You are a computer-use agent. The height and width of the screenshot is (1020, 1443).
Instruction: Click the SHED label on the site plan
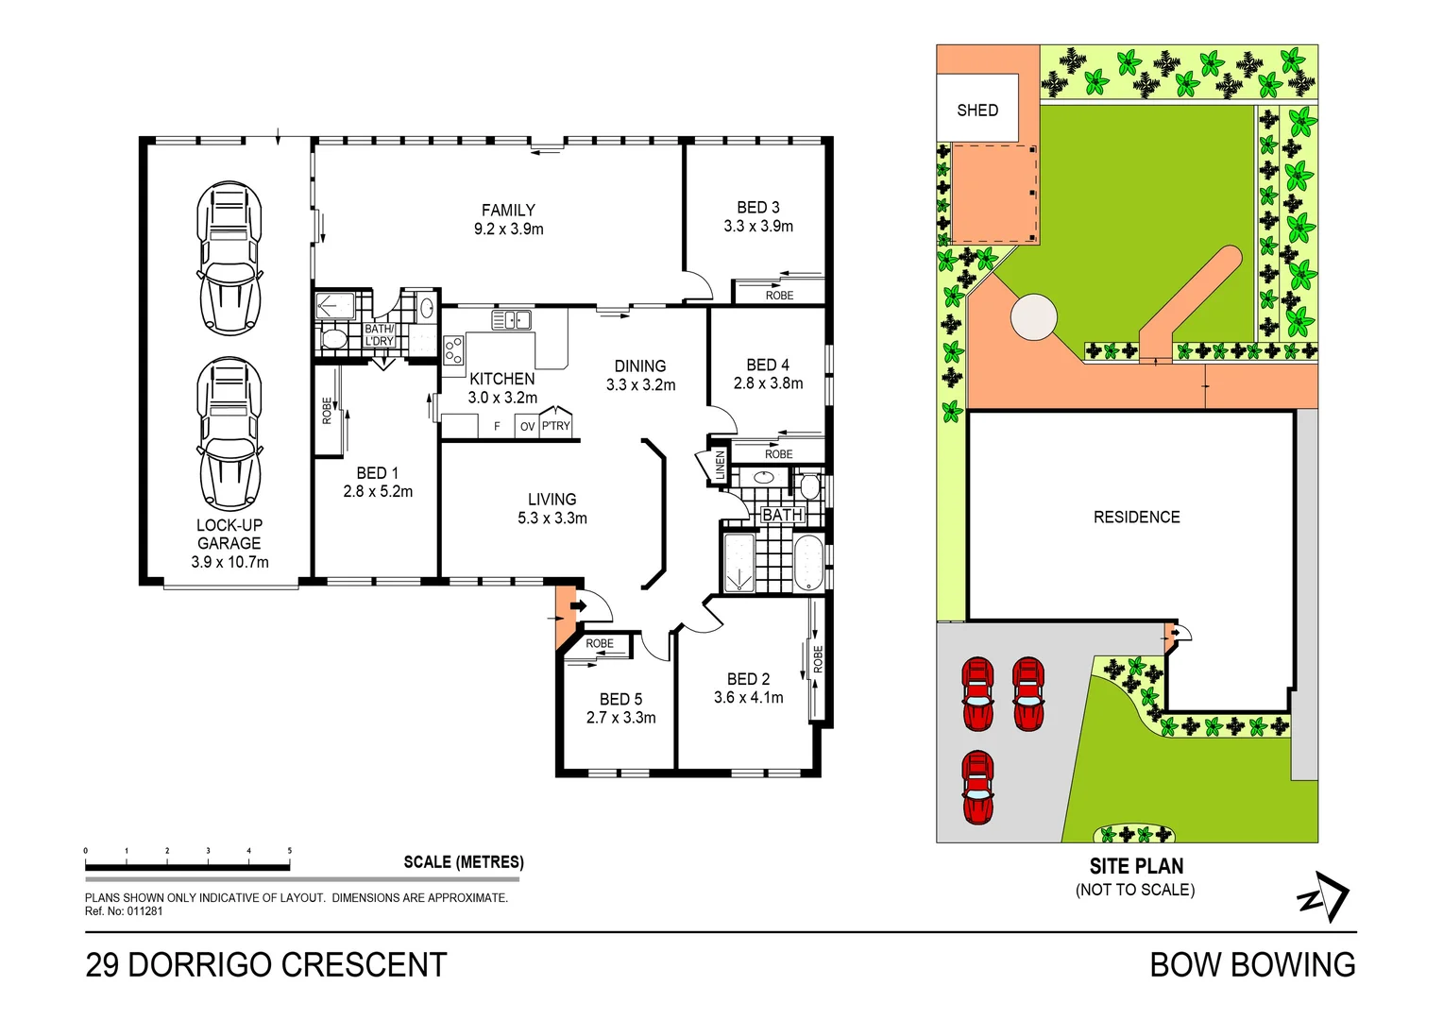[977, 110]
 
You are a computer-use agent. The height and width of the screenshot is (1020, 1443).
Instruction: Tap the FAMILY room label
[508, 210]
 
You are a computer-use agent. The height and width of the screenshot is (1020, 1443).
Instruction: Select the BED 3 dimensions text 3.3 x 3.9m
[758, 226]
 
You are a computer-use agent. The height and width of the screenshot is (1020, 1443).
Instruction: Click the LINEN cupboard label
[721, 466]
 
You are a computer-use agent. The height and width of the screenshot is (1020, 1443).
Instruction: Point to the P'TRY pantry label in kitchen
[555, 426]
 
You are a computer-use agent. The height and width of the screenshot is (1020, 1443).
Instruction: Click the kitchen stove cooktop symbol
[453, 350]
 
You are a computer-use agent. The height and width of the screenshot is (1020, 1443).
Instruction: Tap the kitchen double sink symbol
[511, 319]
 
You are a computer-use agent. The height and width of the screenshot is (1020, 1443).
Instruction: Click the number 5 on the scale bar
[289, 851]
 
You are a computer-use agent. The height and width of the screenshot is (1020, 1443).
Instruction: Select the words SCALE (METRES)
[464, 862]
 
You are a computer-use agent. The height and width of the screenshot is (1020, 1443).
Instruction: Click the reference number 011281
[144, 911]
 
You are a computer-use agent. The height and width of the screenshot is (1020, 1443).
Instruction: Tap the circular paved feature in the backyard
[1033, 316]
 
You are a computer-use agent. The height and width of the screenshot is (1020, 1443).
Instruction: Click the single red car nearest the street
[977, 788]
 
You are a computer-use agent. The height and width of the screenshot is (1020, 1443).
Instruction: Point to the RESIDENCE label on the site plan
[1136, 517]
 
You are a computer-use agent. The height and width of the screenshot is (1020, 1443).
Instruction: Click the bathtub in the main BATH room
[808, 562]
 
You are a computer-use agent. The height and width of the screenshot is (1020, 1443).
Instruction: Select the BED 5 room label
[620, 699]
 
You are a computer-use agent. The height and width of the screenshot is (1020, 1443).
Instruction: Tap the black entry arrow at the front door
[578, 605]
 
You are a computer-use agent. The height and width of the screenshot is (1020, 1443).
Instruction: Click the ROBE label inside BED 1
[327, 411]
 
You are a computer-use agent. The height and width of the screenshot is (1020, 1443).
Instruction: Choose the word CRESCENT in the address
[364, 965]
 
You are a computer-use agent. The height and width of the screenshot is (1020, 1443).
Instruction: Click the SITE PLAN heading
[1136, 866]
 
